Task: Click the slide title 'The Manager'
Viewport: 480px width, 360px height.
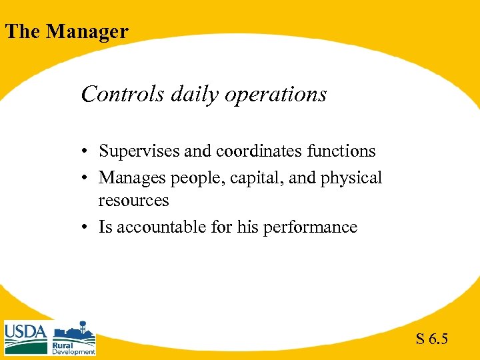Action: click(67, 31)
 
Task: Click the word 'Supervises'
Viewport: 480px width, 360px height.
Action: click(139, 152)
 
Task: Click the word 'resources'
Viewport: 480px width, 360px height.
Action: click(133, 201)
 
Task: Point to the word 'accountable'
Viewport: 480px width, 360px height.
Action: click(155, 227)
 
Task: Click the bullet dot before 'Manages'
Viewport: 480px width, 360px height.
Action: click(87, 179)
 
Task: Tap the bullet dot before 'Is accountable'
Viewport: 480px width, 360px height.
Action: click(87, 228)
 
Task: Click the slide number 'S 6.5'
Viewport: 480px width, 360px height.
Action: click(431, 339)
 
